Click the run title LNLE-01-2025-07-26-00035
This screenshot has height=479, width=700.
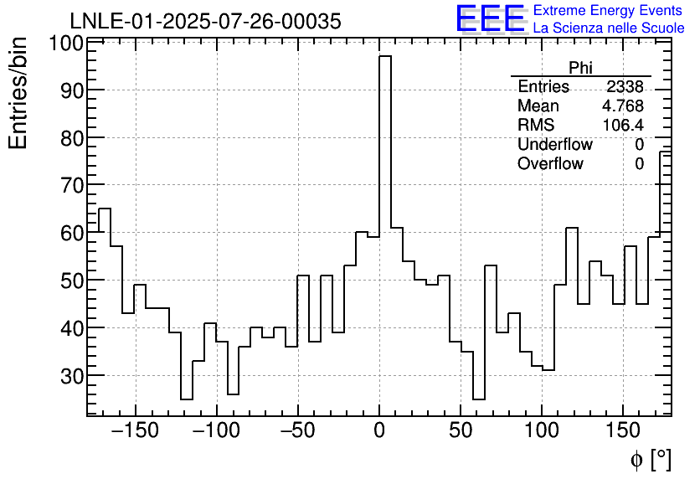point(205,22)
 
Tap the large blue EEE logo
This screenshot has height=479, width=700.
point(491,18)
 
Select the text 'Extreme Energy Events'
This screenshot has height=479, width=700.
point(608,11)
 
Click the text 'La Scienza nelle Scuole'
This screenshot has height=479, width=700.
point(608,28)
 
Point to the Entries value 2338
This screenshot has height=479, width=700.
point(625,87)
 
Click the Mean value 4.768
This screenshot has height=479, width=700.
point(623,106)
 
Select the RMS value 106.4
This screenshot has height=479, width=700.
point(623,125)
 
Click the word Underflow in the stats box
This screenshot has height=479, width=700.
point(554,144)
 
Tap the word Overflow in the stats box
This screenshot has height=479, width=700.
point(550,163)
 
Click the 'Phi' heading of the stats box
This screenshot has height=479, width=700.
point(580,68)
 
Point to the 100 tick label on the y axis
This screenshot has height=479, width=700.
point(65,44)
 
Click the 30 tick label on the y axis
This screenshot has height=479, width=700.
point(71,376)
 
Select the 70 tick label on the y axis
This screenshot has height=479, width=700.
point(71,185)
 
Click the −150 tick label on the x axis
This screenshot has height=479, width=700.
point(135,431)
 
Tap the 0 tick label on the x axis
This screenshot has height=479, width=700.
point(379,431)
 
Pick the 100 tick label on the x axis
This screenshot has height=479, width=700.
point(542,431)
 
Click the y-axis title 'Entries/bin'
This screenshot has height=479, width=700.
point(18,94)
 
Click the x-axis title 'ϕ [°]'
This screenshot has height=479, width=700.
point(650,460)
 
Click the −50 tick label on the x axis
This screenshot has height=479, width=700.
point(297,431)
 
